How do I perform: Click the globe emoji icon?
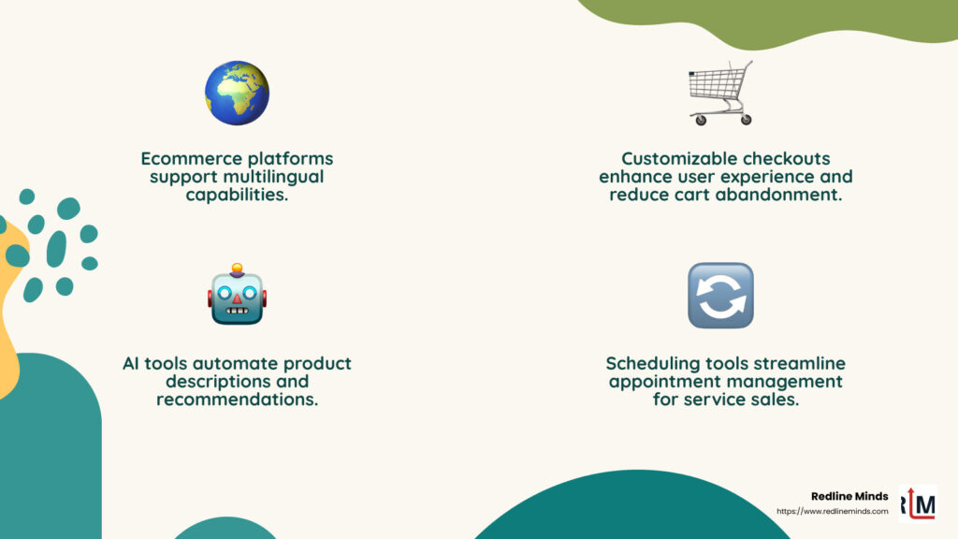237,94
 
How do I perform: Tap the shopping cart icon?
720,93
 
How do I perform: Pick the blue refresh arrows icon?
720,296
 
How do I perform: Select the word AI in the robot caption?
130,363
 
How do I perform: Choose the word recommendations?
237,400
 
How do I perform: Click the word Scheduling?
653,363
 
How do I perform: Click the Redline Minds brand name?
849,496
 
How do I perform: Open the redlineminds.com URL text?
832,511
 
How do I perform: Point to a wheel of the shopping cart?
695,121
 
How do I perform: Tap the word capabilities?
237,195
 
